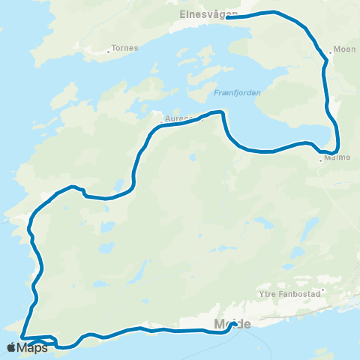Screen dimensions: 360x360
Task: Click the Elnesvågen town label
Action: pos(208,13)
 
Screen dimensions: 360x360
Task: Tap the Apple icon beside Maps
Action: pos(11,347)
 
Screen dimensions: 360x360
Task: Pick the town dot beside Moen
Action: pos(330,53)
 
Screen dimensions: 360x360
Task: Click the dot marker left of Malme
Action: pos(320,160)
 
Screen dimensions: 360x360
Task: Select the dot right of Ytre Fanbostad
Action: pos(323,290)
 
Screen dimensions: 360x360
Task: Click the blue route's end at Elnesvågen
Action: pos(227,17)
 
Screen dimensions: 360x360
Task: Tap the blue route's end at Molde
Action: pos(235,323)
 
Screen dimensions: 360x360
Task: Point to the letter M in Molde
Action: pos(219,325)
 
